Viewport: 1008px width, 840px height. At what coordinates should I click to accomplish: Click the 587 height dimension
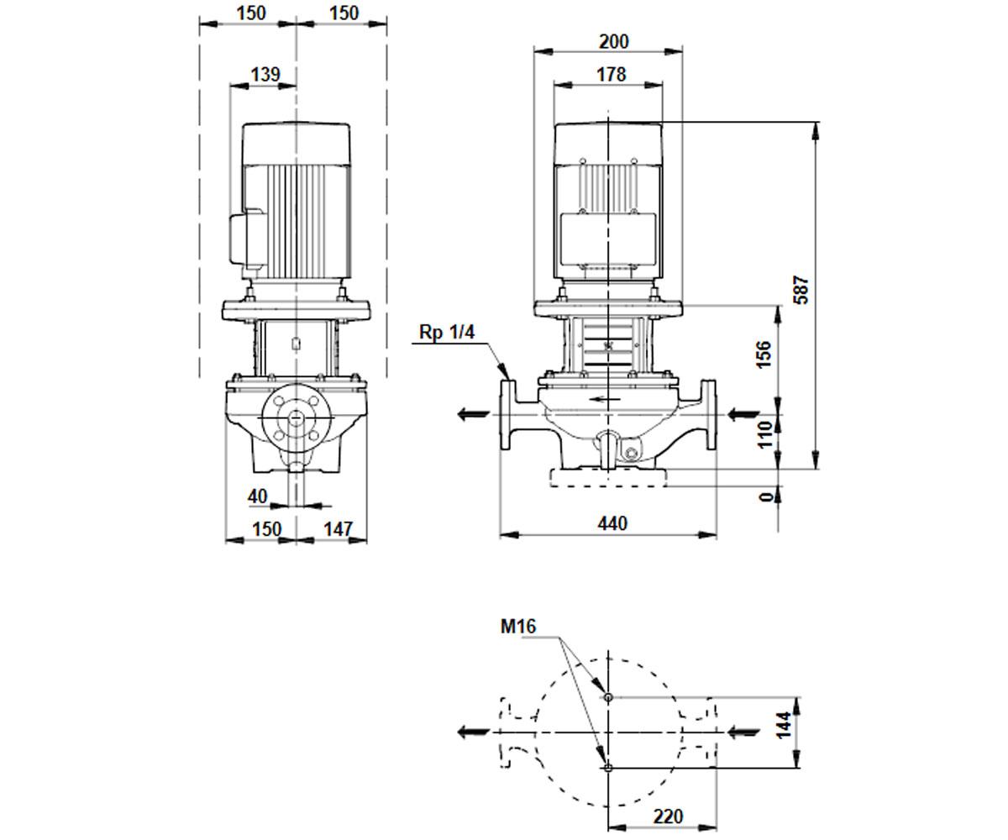801,290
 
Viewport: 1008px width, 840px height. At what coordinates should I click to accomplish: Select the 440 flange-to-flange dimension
612,524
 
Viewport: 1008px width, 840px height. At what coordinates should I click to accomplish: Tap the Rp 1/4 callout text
447,332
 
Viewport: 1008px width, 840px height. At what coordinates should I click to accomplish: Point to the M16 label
518,627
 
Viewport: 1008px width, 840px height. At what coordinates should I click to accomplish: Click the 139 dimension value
265,75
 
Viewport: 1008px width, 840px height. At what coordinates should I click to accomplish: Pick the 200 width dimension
614,42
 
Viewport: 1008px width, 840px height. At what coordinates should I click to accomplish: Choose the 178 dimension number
612,75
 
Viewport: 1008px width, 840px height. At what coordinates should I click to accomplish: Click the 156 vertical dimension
764,354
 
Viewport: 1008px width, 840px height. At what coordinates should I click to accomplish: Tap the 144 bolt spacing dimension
784,725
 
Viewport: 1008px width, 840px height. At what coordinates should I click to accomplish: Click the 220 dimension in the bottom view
668,803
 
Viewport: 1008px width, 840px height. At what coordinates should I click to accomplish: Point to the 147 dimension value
338,529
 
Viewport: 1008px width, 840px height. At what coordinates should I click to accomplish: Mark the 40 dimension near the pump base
257,496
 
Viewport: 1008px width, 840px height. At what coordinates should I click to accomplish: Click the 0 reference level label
765,496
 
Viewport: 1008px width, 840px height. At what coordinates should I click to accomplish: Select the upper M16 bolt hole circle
608,697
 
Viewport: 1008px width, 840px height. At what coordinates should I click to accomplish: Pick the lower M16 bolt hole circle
608,768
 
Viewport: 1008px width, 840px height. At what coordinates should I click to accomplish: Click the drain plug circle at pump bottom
631,454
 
